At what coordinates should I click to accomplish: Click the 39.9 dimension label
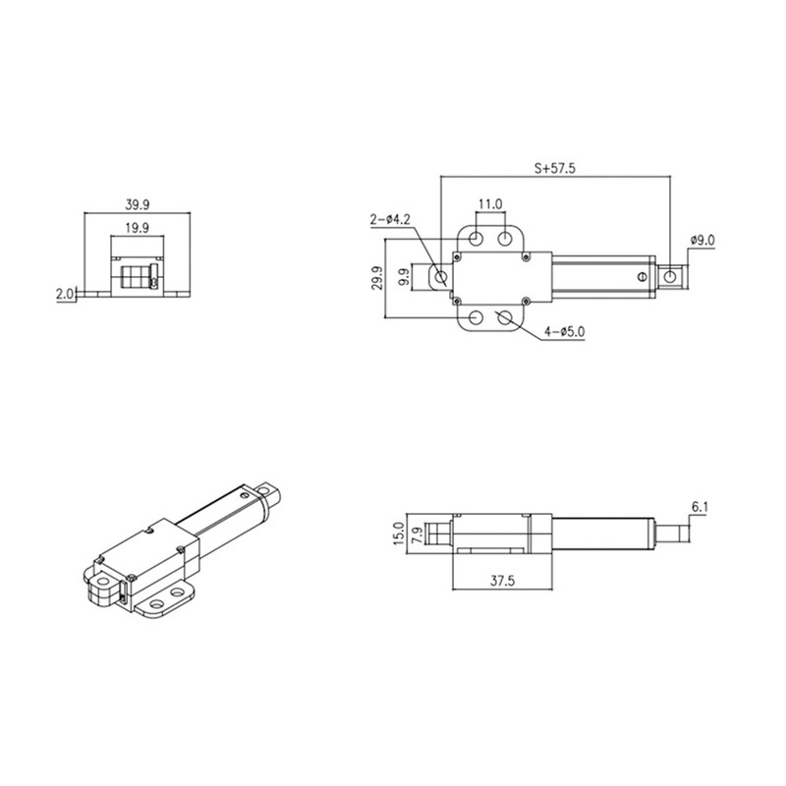pos(138,205)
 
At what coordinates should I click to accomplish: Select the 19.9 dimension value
pos(137,228)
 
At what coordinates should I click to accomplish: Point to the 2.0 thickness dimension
pos(66,293)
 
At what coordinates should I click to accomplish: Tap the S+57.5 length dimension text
pos(554,168)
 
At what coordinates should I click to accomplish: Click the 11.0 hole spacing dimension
pos(490,204)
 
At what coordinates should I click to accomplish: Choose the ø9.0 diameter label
pos(708,240)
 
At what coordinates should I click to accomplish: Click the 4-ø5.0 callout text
pos(566,332)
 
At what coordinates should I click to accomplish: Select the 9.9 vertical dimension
pos(403,278)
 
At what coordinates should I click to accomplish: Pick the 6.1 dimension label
pos(701,507)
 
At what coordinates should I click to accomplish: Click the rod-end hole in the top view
pos(670,278)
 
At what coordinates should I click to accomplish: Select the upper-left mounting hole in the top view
pos(476,239)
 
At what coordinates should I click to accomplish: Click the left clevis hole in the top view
pos(439,278)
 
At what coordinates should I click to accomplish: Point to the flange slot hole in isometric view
pos(178,595)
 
